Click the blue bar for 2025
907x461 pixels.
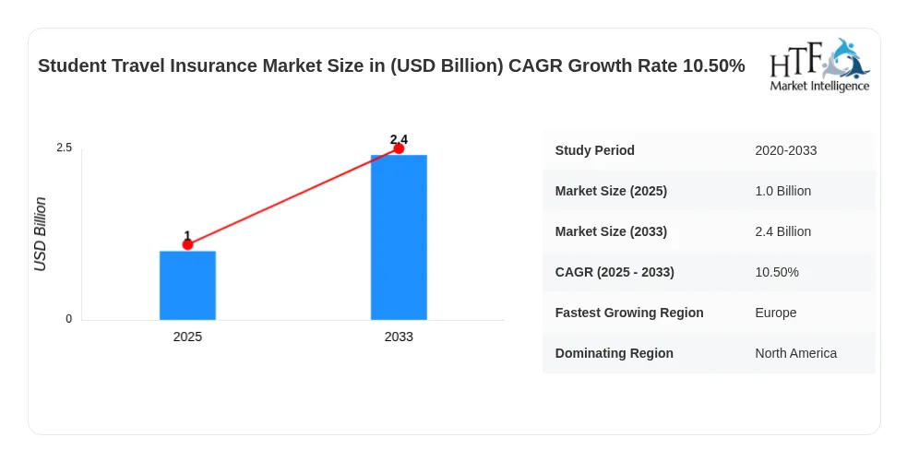187,286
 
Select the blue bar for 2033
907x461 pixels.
399,238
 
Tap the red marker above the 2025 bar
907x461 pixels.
187,244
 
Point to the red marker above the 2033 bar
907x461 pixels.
399,148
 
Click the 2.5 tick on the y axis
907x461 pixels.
65,148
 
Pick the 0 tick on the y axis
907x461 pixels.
69,319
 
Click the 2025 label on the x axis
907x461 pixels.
187,337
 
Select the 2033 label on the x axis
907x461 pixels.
399,337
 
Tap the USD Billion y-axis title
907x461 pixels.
40,234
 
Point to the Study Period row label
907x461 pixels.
594,150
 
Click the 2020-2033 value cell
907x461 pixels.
785,151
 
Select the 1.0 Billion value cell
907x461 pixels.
782,191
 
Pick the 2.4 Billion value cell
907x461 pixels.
782,231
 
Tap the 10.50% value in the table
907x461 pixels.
777,272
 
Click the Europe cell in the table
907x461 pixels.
776,313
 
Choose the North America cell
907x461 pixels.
796,353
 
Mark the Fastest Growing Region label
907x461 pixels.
629,313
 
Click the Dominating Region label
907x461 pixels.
615,353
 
